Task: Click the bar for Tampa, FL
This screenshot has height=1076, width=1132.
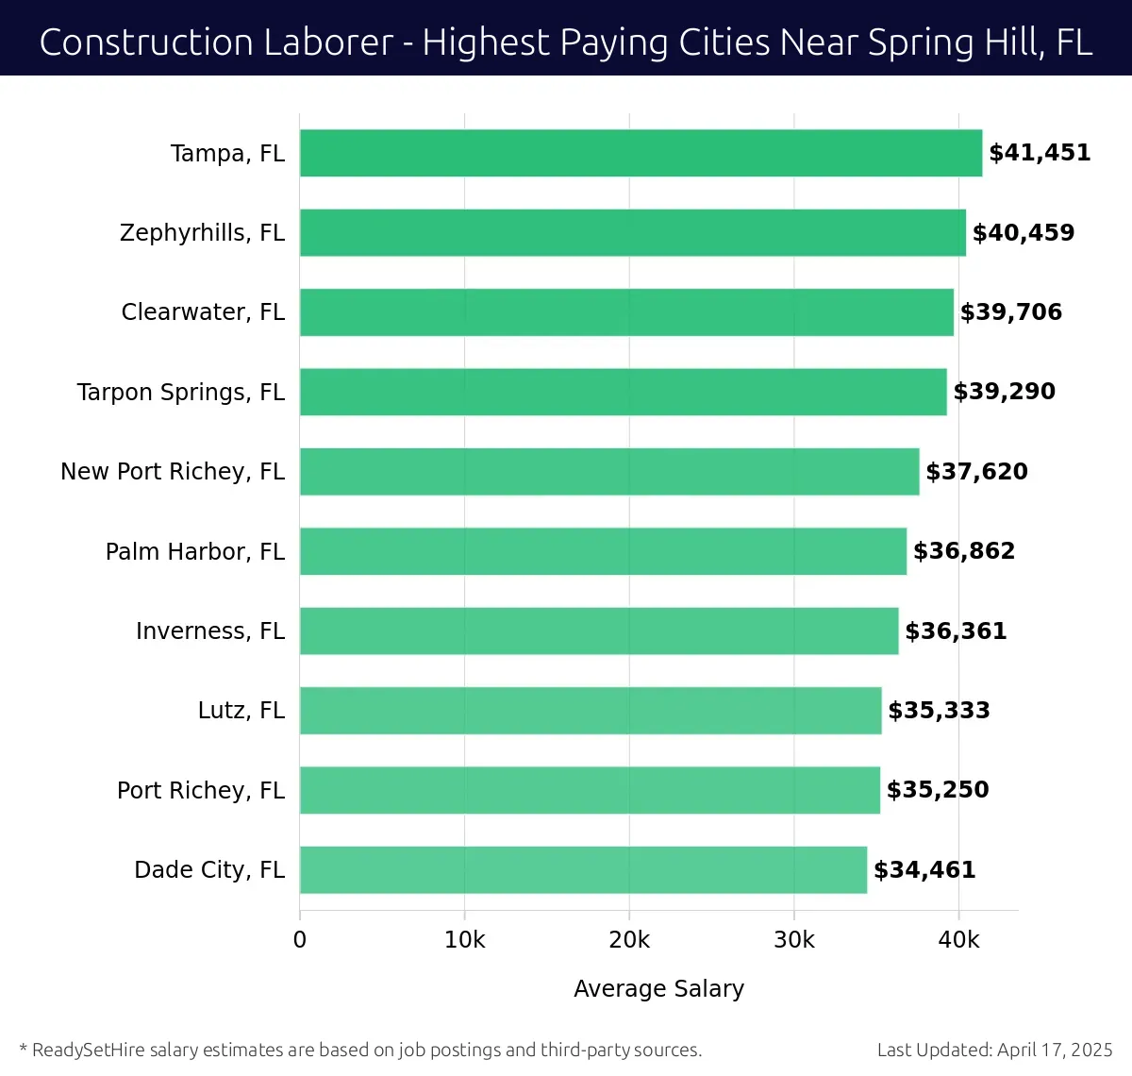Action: point(641,153)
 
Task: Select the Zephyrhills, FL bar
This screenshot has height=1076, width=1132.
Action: point(632,233)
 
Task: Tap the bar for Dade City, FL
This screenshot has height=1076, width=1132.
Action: point(583,870)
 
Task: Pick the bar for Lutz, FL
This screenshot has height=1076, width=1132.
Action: point(591,711)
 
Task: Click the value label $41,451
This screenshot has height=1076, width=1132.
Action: point(1040,153)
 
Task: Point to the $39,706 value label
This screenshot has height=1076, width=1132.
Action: point(1010,312)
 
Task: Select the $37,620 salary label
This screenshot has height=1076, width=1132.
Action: point(976,472)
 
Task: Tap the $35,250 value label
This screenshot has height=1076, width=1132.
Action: point(938,790)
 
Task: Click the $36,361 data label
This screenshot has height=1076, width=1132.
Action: point(956,631)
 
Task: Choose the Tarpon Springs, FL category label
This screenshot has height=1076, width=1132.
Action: point(180,393)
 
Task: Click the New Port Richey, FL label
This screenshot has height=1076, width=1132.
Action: point(172,472)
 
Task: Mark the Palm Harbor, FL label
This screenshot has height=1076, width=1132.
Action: point(194,552)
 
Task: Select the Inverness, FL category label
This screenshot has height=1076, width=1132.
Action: point(209,631)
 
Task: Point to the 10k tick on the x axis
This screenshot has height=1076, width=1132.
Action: point(464,940)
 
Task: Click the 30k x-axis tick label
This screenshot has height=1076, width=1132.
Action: point(793,940)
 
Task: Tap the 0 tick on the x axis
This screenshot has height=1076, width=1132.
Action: point(300,940)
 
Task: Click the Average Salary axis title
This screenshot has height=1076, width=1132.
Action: point(658,988)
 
